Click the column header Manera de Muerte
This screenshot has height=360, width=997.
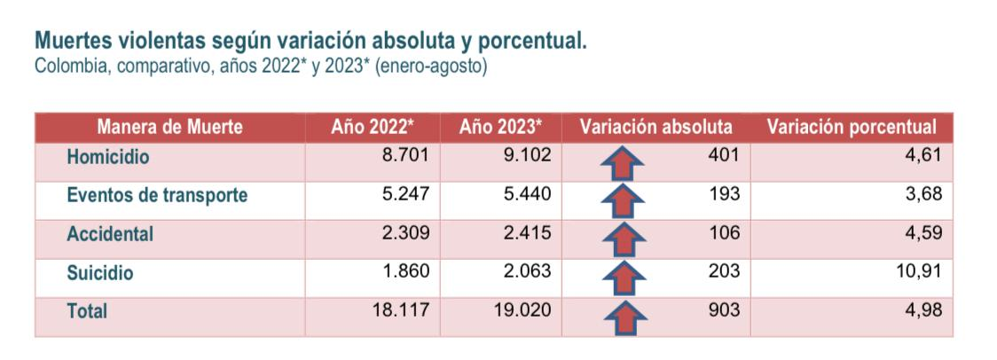[169, 127]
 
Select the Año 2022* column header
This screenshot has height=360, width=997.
[373, 127]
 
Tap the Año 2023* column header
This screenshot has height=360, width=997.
[500, 127]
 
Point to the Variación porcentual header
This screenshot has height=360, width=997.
[852, 127]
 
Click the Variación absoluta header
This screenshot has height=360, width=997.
[656, 127]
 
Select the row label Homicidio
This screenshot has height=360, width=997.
[108, 156]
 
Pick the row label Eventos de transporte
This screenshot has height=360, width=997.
[157, 195]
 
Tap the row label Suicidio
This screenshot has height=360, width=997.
[100, 273]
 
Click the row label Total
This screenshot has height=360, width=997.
[87, 311]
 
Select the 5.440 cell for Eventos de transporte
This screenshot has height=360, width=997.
[526, 194]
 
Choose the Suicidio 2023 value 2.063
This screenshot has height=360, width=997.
[526, 271]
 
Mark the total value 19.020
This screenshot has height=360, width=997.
[522, 309]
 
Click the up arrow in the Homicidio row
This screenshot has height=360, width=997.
[622, 163]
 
